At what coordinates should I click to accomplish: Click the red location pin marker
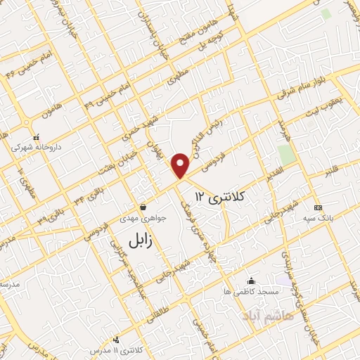(x=181, y=165)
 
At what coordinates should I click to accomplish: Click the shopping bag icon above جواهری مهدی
(x=143, y=207)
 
